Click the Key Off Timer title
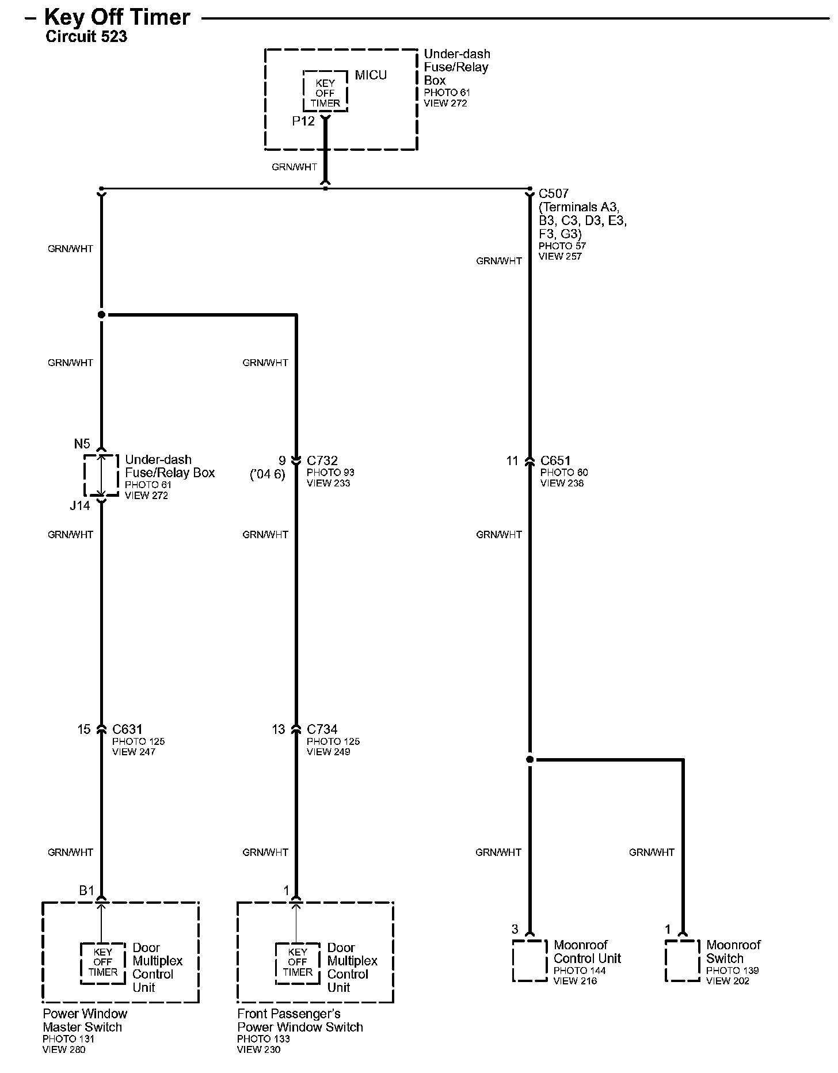pyautogui.click(x=117, y=17)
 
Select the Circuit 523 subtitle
pyautogui.click(x=86, y=37)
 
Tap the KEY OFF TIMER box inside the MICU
pyautogui.click(x=325, y=93)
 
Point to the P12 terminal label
pyautogui.click(x=303, y=121)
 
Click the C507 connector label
pyautogui.click(x=553, y=194)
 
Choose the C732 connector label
pyautogui.click(x=322, y=461)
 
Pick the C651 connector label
pyautogui.click(x=555, y=461)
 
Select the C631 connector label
pyautogui.click(x=127, y=729)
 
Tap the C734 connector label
pyautogui.click(x=322, y=729)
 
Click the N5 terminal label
pyautogui.click(x=82, y=444)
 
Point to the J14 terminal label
pyautogui.click(x=80, y=505)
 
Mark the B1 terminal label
pyautogui.click(x=86, y=891)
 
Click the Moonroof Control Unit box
pyautogui.click(x=530, y=961)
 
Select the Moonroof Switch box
pyautogui.click(x=683, y=961)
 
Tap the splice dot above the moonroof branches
pyautogui.click(x=530, y=760)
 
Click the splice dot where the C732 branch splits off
pyautogui.click(x=101, y=315)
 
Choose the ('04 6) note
pyautogui.click(x=268, y=475)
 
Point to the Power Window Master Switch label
pyautogui.click(x=85, y=1021)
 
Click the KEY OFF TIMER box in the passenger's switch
pyautogui.click(x=297, y=962)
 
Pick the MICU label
pyautogui.click(x=371, y=75)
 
